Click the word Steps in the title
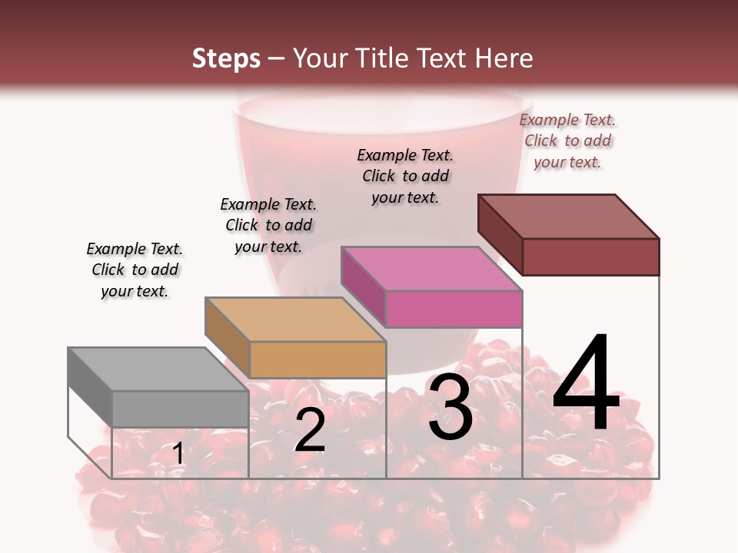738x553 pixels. pyautogui.click(x=226, y=58)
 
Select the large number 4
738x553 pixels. pyautogui.click(x=586, y=384)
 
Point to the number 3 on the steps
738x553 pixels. pyautogui.click(x=450, y=409)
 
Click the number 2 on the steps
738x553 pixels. pyautogui.click(x=310, y=430)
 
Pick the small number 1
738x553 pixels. pyautogui.click(x=178, y=454)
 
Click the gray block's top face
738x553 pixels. pyautogui.click(x=158, y=369)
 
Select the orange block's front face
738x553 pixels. pyautogui.click(x=317, y=359)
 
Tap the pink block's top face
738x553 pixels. pyautogui.click(x=430, y=269)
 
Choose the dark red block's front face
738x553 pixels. pyautogui.click(x=590, y=257)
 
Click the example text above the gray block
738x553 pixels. pyautogui.click(x=135, y=270)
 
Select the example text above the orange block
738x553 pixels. pyautogui.click(x=268, y=225)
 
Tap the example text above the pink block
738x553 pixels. pyautogui.click(x=405, y=176)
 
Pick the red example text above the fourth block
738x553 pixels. pyautogui.click(x=567, y=141)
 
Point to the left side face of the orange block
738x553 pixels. pyautogui.click(x=227, y=337)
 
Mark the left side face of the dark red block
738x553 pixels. pyautogui.click(x=500, y=234)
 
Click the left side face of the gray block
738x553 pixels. pyautogui.click(x=90, y=388)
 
